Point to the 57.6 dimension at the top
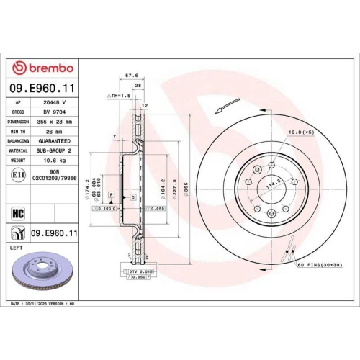click(x=132, y=73)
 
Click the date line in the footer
click(x=45, y=305)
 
